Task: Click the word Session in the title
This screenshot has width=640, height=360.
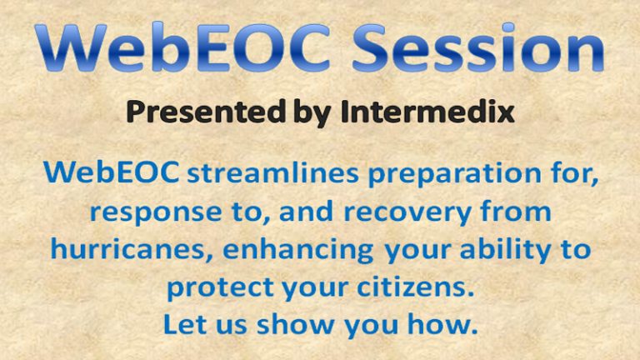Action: [477, 47]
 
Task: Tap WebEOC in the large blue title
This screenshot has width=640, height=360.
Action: [182, 47]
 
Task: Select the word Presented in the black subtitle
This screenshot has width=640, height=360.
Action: [205, 112]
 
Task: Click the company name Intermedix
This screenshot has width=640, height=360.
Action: [427, 112]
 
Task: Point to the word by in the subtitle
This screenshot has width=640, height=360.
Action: [312, 113]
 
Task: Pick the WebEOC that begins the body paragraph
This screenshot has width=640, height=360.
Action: [111, 172]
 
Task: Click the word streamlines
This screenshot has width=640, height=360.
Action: [272, 172]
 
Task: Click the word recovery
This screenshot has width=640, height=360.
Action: [407, 213]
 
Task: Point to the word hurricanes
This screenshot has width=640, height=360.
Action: [127, 249]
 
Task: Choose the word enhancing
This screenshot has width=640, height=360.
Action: [298, 251]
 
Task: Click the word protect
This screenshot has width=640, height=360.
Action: [220, 287]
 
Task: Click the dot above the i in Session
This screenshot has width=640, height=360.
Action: [508, 27]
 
